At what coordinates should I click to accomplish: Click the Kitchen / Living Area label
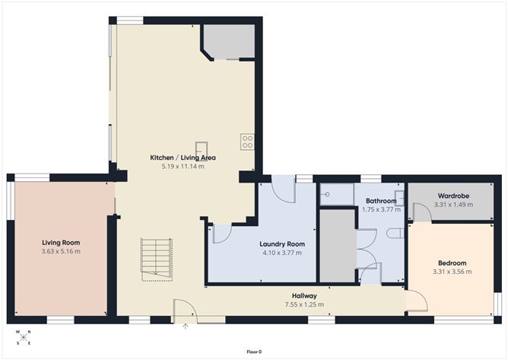coord(183,158)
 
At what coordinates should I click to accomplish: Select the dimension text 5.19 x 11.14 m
coord(183,166)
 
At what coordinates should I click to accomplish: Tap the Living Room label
coord(61,243)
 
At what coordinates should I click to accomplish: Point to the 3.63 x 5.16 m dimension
coord(61,251)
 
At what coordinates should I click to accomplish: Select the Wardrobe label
coord(451,196)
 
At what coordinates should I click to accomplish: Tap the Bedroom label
coord(451,263)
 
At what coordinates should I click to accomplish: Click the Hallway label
coord(303,295)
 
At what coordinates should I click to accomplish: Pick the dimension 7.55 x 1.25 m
coord(303,304)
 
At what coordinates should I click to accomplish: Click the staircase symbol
coord(155,258)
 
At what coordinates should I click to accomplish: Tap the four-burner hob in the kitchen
coord(248,141)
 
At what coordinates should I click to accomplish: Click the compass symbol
coord(23,336)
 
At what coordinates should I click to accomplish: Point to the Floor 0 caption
coord(254,352)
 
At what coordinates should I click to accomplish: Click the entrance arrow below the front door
coord(186,326)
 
